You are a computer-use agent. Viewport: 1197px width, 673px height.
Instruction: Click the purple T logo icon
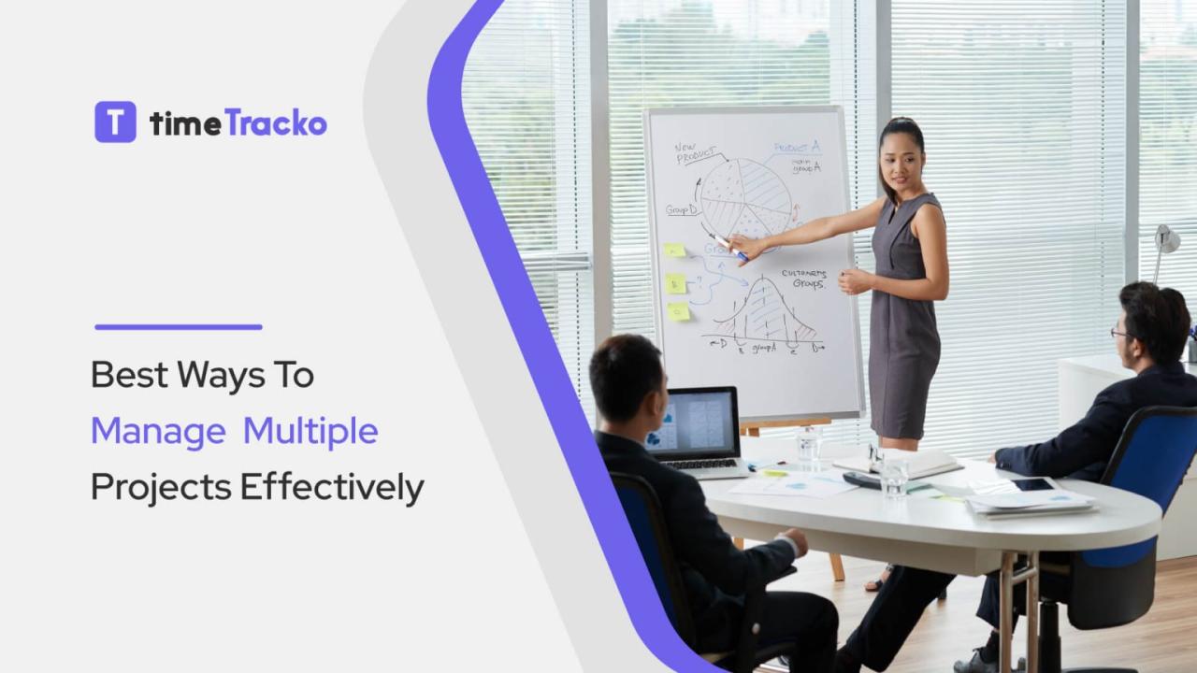(x=115, y=122)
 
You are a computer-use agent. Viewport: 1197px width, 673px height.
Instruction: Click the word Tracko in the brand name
(x=276, y=123)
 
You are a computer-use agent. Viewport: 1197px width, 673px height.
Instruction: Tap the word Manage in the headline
(x=158, y=432)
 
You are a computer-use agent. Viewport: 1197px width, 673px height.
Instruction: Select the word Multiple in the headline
(x=310, y=432)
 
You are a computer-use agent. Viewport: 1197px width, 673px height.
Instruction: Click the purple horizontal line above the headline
(x=178, y=327)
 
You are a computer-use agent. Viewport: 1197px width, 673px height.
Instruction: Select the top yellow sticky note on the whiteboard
(x=674, y=251)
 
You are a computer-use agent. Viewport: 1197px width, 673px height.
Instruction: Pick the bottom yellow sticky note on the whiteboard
(x=679, y=311)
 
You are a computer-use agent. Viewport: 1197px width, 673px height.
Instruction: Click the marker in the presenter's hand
(x=727, y=247)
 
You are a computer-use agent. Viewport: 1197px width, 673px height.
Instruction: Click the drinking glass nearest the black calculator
(x=893, y=474)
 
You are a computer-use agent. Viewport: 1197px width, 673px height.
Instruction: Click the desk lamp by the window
(x=1165, y=241)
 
